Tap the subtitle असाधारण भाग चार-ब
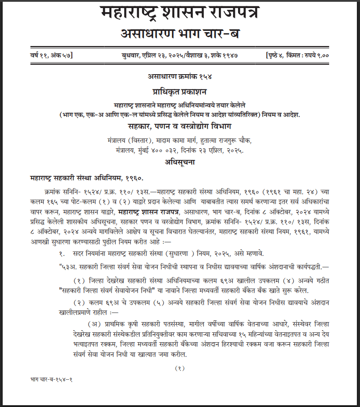point(180,34)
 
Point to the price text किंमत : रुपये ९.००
point(313,55)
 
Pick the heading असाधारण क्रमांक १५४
point(180,76)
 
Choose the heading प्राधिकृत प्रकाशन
point(180,92)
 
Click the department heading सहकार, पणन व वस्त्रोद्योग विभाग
point(180,126)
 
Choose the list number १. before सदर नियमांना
point(62,254)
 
